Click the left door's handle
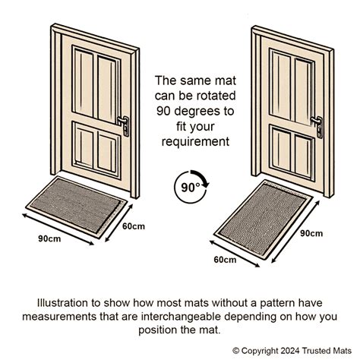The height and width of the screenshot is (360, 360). point(123,122)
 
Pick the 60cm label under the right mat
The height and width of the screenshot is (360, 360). point(224,260)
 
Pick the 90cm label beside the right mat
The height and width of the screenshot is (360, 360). point(312,232)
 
